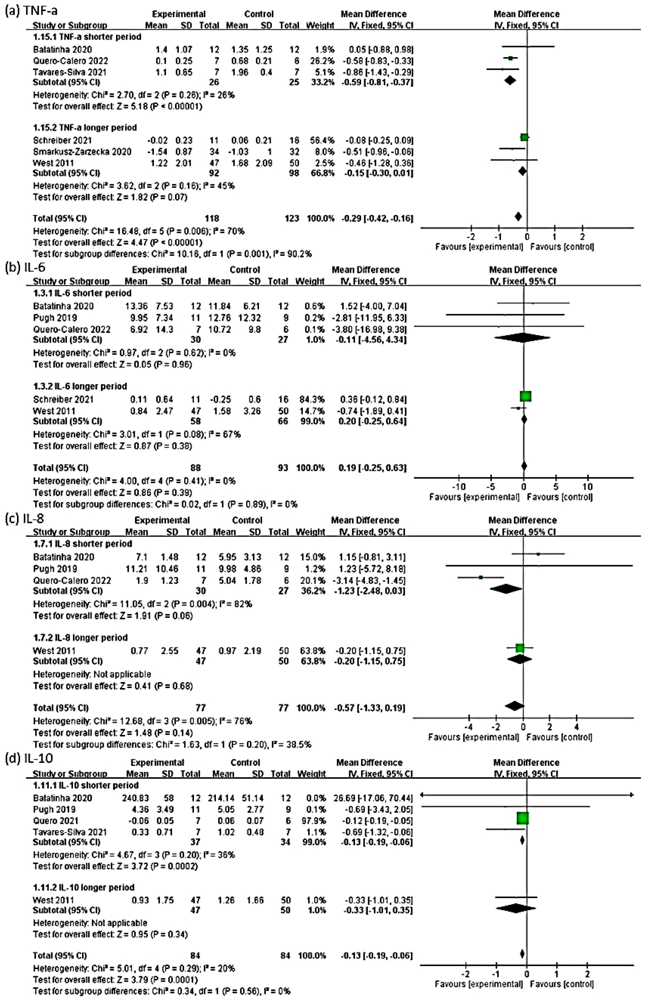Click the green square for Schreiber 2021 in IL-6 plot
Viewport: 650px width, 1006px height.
click(x=526, y=396)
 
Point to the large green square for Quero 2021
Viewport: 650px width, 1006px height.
click(x=523, y=818)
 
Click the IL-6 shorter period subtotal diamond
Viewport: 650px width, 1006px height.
click(x=523, y=338)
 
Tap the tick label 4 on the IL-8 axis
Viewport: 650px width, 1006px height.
click(x=577, y=727)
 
